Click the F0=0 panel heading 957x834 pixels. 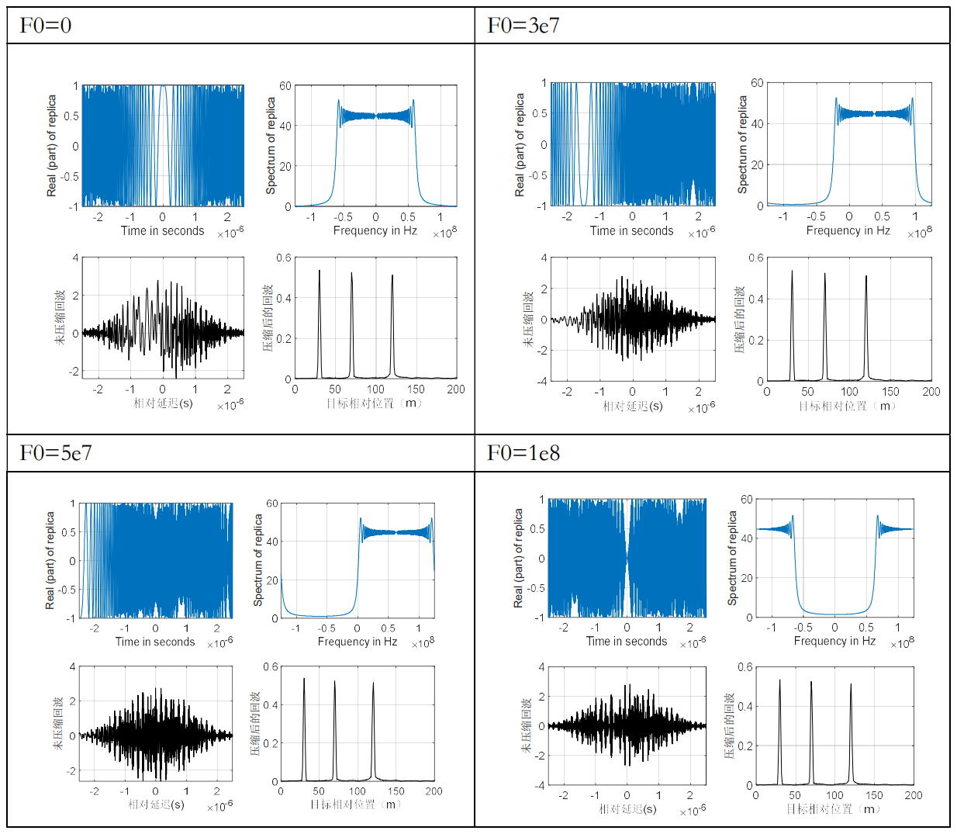(46, 26)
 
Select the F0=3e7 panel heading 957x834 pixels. (523, 26)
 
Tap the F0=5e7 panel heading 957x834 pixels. (56, 452)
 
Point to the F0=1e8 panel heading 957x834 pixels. (523, 452)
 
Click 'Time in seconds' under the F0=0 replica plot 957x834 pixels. (162, 230)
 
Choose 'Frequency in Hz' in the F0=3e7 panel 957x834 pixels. (848, 230)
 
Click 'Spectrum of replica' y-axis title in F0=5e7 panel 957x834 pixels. (258, 559)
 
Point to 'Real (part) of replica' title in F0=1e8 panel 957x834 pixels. (518, 558)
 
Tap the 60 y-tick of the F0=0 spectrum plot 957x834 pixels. (285, 86)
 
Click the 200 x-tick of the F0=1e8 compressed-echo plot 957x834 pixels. (914, 795)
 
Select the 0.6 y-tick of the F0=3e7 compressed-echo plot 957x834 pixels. (756, 258)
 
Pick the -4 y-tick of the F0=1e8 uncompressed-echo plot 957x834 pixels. (540, 785)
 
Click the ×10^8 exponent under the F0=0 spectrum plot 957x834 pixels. (444, 233)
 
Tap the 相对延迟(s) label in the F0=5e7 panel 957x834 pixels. (156, 805)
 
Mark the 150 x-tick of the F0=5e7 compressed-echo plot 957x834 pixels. (396, 791)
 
